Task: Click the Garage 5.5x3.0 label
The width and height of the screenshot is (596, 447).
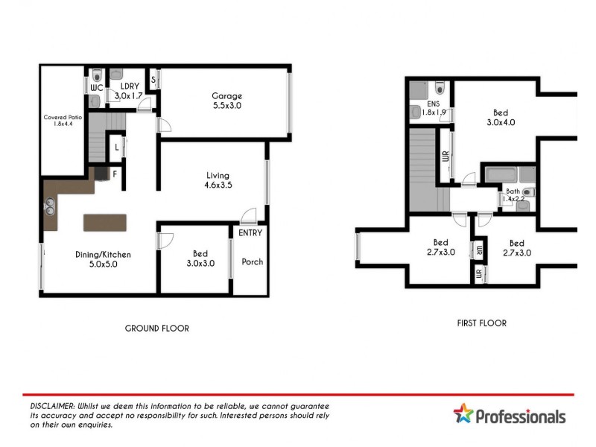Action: [x=226, y=101]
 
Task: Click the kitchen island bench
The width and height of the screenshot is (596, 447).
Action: [x=105, y=222]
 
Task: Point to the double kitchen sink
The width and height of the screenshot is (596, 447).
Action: [x=50, y=203]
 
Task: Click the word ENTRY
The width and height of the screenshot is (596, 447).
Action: [x=250, y=233]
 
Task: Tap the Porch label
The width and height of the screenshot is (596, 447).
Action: [x=252, y=262]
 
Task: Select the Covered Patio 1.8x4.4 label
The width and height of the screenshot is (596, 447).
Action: [x=63, y=121]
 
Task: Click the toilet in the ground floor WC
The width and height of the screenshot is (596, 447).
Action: [x=98, y=74]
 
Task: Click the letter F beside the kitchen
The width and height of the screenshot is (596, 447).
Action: [x=115, y=174]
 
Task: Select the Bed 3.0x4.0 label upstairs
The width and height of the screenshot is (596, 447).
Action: [x=501, y=117]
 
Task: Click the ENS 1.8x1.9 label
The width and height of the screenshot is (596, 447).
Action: [x=434, y=109]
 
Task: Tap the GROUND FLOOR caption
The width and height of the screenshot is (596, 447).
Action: [x=156, y=328]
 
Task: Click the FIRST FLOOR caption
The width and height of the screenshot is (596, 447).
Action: [x=481, y=323]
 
